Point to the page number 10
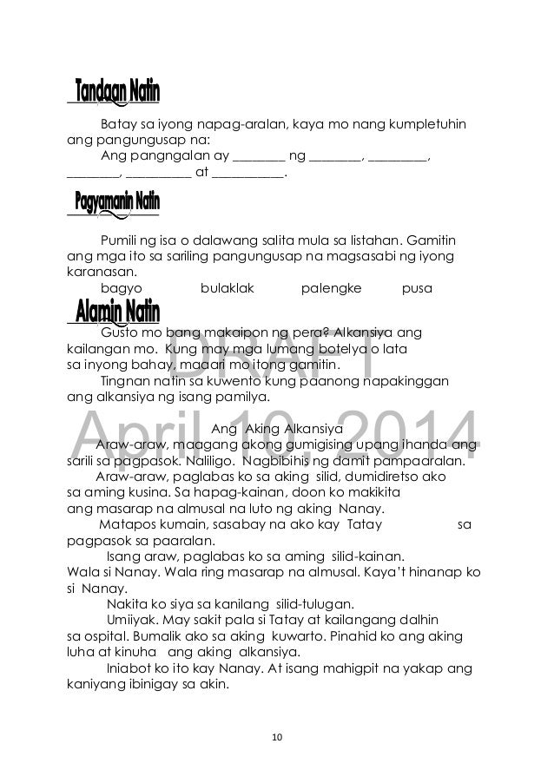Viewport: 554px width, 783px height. pyautogui.click(x=276, y=737)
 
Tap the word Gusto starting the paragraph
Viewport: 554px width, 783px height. pyautogui.click(x=121, y=332)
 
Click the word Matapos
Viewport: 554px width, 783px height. pyautogui.click(x=128, y=524)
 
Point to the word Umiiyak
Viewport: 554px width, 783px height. pyautogui.click(x=129, y=619)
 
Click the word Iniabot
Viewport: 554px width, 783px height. pyautogui.click(x=129, y=667)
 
